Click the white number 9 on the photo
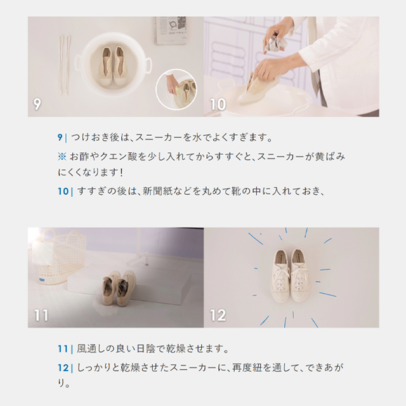(x=37, y=104)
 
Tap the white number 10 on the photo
(x=218, y=104)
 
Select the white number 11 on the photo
(x=41, y=315)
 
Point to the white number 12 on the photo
(x=218, y=315)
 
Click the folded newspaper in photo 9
(x=171, y=30)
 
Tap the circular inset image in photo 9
(x=176, y=89)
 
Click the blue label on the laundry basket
(x=44, y=280)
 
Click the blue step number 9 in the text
(x=60, y=137)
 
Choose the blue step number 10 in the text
(x=63, y=192)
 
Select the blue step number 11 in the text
(x=63, y=349)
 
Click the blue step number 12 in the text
(x=63, y=368)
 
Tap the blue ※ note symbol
(x=62, y=157)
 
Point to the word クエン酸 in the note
(x=120, y=157)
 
